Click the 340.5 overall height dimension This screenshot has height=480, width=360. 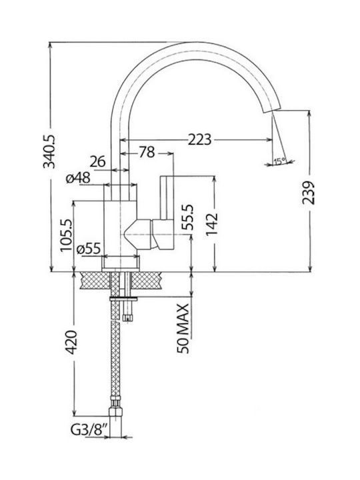pyautogui.click(x=49, y=151)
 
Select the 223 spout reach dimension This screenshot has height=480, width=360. pyautogui.click(x=199, y=139)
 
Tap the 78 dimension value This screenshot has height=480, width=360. pyautogui.click(x=147, y=152)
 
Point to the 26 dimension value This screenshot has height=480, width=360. pyautogui.click(x=97, y=161)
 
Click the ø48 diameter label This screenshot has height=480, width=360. pyautogui.click(x=78, y=178)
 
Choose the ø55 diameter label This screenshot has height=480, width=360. pyautogui.click(x=89, y=249)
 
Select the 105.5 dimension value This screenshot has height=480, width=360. pyautogui.click(x=66, y=235)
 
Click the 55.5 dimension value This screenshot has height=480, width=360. pyautogui.click(x=187, y=217)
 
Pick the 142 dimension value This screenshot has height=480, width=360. pyautogui.click(x=211, y=224)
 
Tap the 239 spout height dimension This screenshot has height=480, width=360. pyautogui.click(x=308, y=193)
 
